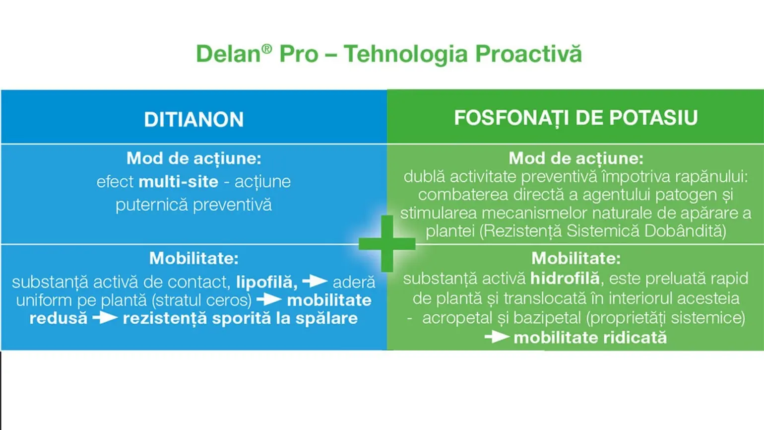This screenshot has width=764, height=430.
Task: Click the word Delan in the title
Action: (228, 54)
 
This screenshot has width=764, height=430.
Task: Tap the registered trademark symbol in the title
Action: (267, 49)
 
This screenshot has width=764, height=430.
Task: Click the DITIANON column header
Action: (193, 119)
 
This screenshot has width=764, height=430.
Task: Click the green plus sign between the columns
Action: (387, 244)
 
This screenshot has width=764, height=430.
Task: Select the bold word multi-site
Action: (179, 182)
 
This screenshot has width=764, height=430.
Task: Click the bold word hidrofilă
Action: (565, 279)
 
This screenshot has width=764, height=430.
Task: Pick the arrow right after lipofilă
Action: (315, 281)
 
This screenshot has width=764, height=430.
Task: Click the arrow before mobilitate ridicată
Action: (497, 337)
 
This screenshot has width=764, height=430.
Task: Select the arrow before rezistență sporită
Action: (105, 318)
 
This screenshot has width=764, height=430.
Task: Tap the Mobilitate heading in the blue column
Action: (193, 258)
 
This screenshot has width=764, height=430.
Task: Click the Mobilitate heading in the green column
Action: (576, 258)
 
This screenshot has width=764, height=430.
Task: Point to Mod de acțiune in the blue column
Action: (193, 159)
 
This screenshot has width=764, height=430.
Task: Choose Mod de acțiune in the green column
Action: (576, 159)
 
